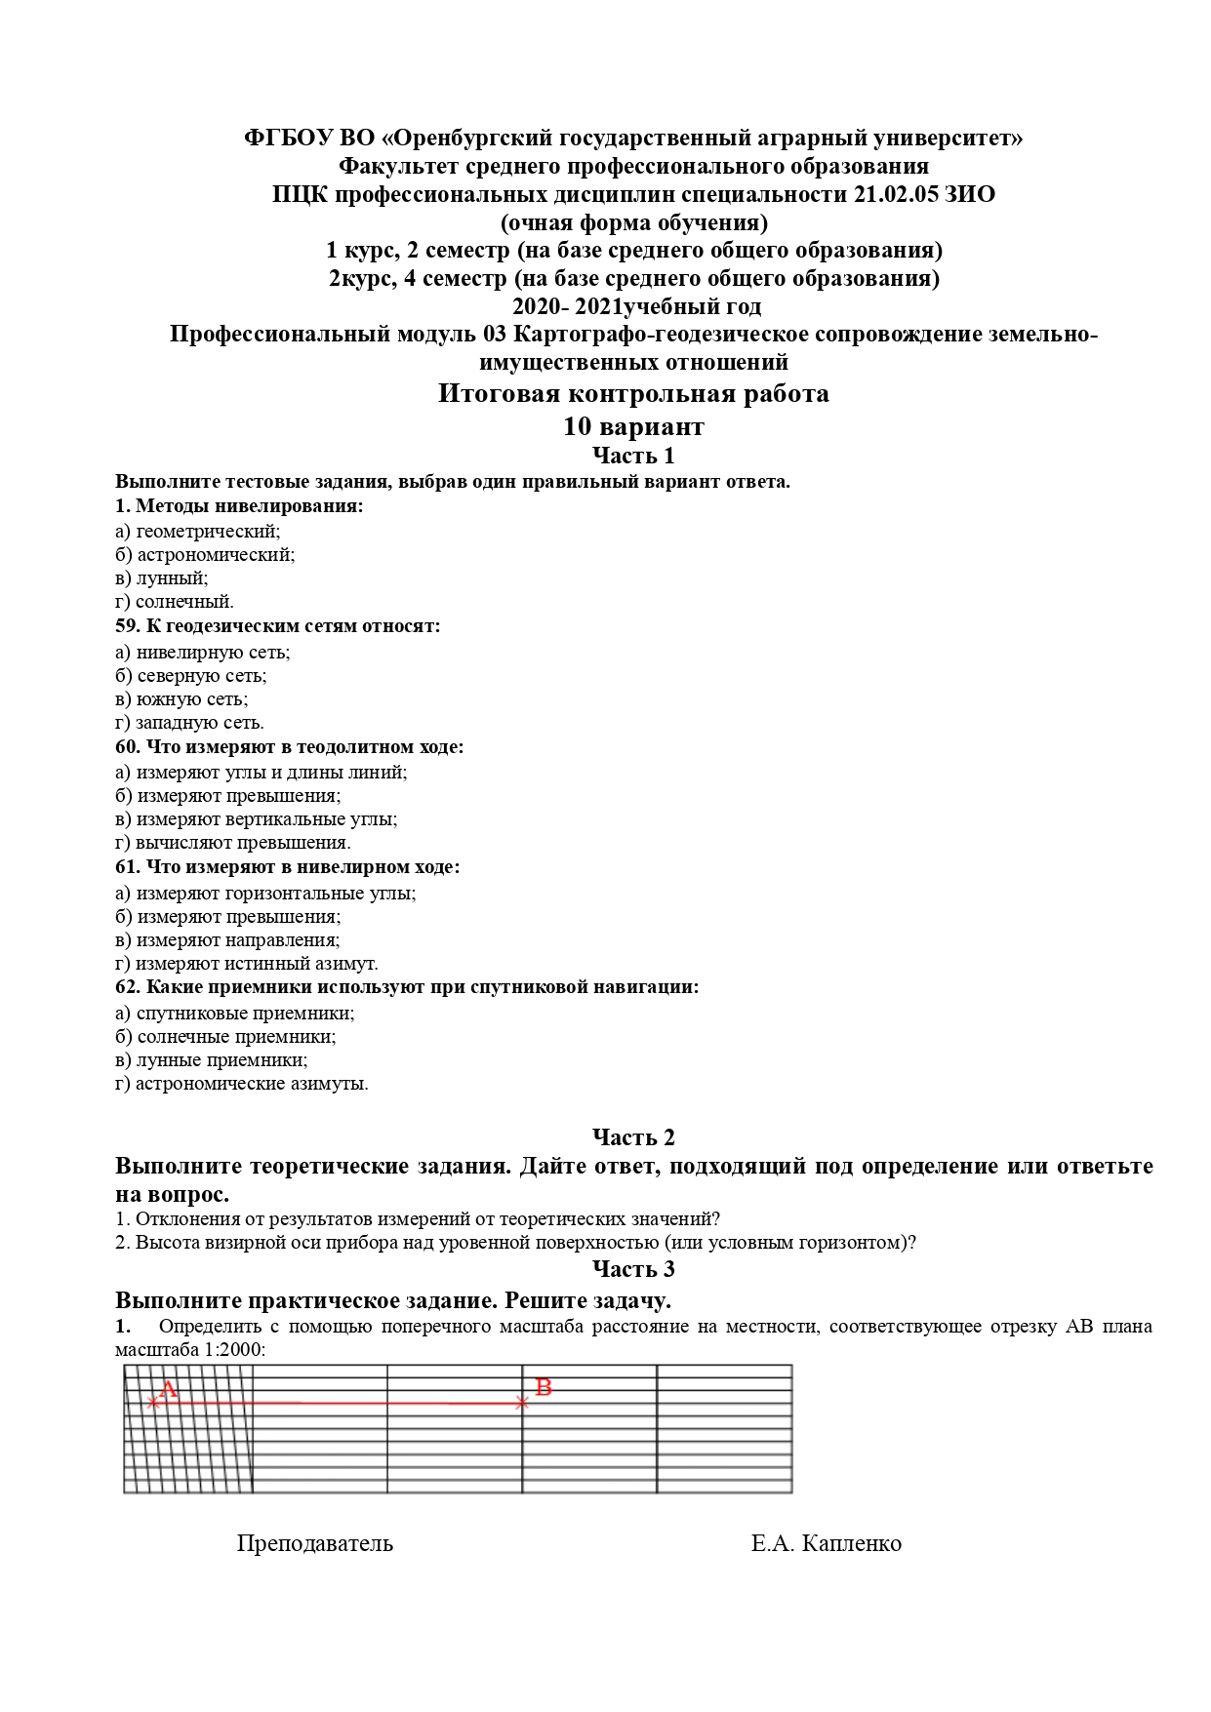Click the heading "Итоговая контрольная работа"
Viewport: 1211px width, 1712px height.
(x=633, y=394)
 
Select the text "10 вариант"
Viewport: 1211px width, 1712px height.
(x=633, y=427)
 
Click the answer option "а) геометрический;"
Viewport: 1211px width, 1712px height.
(x=197, y=532)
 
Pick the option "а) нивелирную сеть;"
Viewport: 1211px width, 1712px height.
(x=202, y=653)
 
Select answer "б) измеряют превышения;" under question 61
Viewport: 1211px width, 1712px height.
(x=227, y=917)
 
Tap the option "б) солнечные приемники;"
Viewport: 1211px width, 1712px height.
(x=224, y=1037)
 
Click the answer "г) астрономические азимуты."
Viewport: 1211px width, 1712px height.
(x=241, y=1084)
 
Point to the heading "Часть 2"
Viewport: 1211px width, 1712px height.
(x=633, y=1137)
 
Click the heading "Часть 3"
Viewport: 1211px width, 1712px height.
(x=633, y=1269)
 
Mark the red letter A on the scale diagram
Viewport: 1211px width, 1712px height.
(x=168, y=1389)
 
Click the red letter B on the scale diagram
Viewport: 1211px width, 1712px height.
(x=544, y=1387)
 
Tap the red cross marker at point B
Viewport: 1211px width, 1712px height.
(x=522, y=1403)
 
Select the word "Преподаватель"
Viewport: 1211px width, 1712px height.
(x=314, y=1543)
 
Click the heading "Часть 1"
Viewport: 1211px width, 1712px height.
(x=633, y=456)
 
